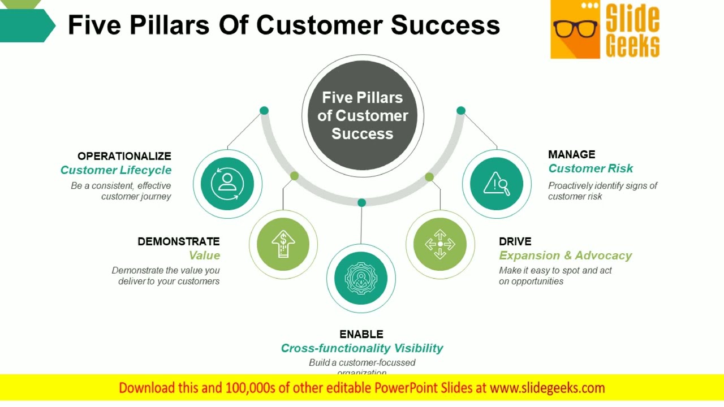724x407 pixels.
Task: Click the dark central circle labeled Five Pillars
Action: coord(362,115)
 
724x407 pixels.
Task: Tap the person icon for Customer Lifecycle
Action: coord(227,183)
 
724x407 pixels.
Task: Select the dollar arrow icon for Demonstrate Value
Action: coord(283,244)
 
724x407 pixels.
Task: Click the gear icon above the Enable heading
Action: coord(361,278)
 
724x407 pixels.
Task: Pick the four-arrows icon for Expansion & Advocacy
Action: coord(440,244)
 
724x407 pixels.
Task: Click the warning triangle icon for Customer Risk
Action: coord(497,183)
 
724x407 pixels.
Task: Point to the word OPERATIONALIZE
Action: coord(124,156)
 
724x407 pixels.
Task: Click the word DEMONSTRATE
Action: coord(178,241)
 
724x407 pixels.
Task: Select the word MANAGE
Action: coord(571,154)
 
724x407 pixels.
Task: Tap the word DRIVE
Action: coord(515,241)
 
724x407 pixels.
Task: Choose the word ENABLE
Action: coord(361,334)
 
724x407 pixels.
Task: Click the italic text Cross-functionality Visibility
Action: coord(361,348)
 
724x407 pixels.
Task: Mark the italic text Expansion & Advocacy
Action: coord(565,256)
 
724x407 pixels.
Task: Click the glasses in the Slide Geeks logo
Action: coord(575,28)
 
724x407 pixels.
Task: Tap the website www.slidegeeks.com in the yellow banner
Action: coord(547,388)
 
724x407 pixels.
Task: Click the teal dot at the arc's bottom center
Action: coord(361,202)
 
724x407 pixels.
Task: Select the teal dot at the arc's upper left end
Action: coord(264,111)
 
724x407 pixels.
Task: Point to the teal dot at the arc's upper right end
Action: coord(460,111)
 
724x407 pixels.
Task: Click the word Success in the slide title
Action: coord(445,25)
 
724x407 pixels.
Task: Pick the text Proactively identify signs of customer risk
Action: coord(602,191)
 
